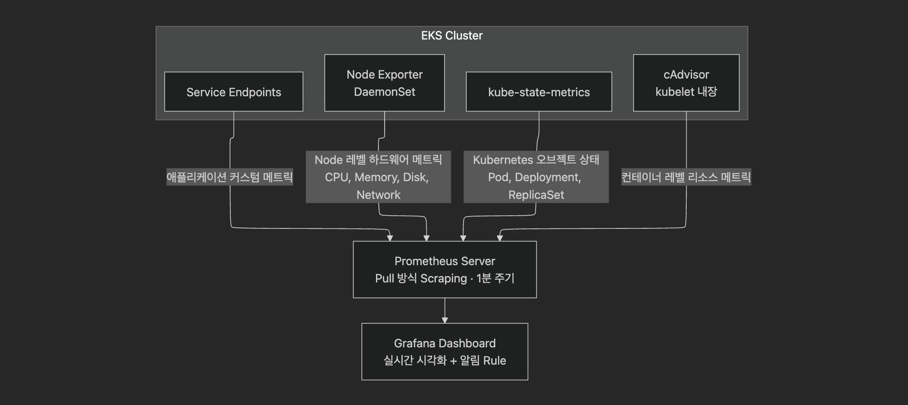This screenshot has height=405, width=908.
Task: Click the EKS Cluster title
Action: (452, 35)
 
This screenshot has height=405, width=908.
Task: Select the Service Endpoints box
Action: (234, 92)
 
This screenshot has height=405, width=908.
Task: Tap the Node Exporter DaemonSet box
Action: (384, 83)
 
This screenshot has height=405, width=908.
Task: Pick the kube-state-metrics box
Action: (539, 92)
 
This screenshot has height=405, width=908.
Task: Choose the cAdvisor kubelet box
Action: (686, 83)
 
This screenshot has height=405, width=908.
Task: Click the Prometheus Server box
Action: (444, 270)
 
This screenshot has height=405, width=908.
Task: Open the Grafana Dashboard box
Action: (444, 351)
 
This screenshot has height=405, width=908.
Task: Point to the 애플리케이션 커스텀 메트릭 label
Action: (229, 177)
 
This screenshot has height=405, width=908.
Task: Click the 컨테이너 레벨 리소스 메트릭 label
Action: (686, 177)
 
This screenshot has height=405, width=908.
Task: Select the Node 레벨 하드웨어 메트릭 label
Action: (378, 160)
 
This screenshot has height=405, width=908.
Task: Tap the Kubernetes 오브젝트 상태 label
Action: (536, 160)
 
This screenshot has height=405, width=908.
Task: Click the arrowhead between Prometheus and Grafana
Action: (444, 320)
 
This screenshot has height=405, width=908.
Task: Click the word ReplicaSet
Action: (536, 195)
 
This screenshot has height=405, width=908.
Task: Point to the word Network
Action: (378, 195)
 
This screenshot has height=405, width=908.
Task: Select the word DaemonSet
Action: (384, 92)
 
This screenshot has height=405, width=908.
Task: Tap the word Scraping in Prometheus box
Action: (443, 278)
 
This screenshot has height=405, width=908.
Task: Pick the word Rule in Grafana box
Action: (494, 361)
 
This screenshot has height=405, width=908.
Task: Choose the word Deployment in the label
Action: (547, 177)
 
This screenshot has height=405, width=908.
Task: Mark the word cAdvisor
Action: (686, 74)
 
